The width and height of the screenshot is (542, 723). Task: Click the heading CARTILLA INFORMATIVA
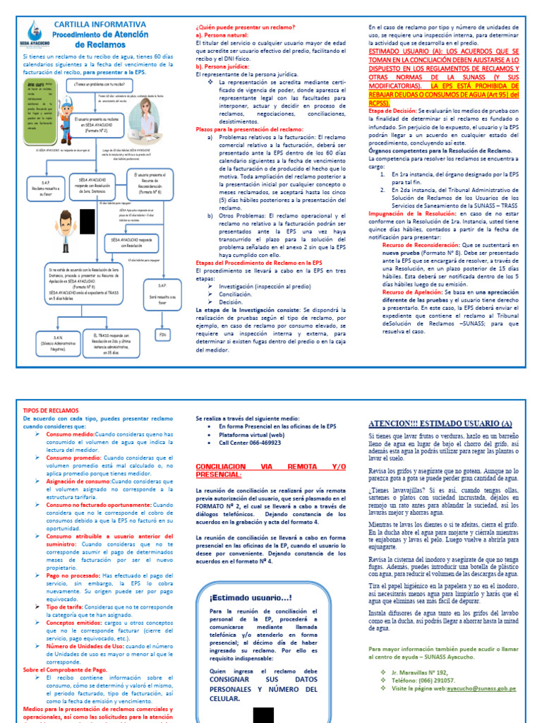[x=100, y=24]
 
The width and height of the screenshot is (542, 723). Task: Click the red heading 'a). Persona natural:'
[x=219, y=34]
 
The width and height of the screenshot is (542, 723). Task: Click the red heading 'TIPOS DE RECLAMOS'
[x=52, y=410]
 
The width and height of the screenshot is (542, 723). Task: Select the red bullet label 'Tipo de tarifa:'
[x=66, y=607]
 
